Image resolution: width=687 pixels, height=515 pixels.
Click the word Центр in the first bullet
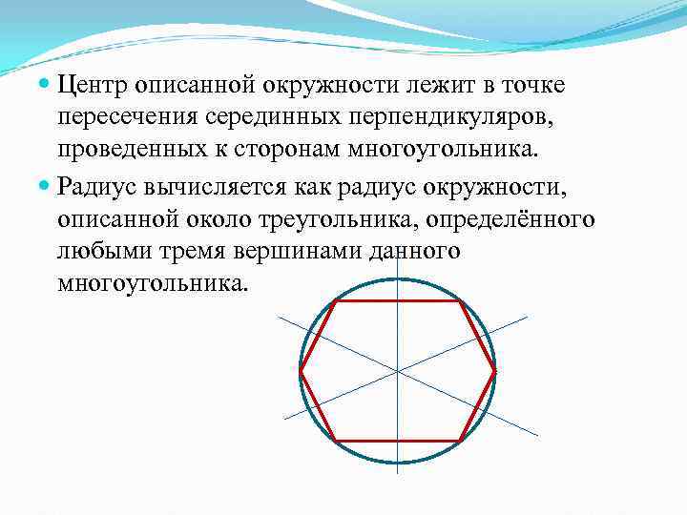[x=92, y=86]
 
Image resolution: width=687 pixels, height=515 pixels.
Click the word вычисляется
[x=220, y=185]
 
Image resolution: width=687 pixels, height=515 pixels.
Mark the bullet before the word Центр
[x=45, y=87]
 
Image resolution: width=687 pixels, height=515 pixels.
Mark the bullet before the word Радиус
[x=45, y=186]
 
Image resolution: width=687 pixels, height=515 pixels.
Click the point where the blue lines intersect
[x=398, y=370]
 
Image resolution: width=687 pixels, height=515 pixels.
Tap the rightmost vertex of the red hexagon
[x=495, y=370]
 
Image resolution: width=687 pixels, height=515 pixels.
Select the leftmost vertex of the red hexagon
[x=301, y=370]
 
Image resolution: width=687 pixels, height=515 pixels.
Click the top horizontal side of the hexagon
[x=398, y=301]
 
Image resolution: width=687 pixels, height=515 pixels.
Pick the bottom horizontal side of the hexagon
[x=398, y=441]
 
